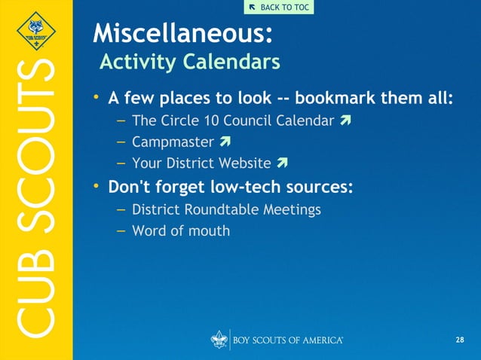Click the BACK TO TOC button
(x=278, y=8)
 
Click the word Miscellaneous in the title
(x=181, y=34)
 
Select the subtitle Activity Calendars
(x=190, y=62)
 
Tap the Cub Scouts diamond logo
(x=36, y=34)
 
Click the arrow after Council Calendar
(x=345, y=121)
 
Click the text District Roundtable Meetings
(x=226, y=209)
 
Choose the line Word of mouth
(x=181, y=230)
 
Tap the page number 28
(x=460, y=340)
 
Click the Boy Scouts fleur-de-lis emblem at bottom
(x=219, y=340)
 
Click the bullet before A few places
(x=97, y=99)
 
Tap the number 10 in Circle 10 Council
(x=212, y=121)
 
